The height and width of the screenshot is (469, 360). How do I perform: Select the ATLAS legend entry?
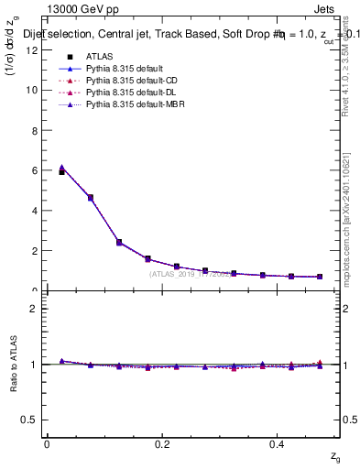[98, 56]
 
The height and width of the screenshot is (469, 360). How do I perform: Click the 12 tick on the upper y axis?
[32, 49]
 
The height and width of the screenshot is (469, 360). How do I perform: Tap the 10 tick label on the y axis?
[32, 90]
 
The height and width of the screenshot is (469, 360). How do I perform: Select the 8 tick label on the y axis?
[35, 130]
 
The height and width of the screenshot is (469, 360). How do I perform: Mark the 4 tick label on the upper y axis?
[35, 211]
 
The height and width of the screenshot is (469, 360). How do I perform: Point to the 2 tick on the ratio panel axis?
[35, 309]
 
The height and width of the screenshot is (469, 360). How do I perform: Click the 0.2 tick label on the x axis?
[162, 444]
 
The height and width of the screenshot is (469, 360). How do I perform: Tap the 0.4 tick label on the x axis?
[278, 444]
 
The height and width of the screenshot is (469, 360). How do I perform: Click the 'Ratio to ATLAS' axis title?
[13, 364]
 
